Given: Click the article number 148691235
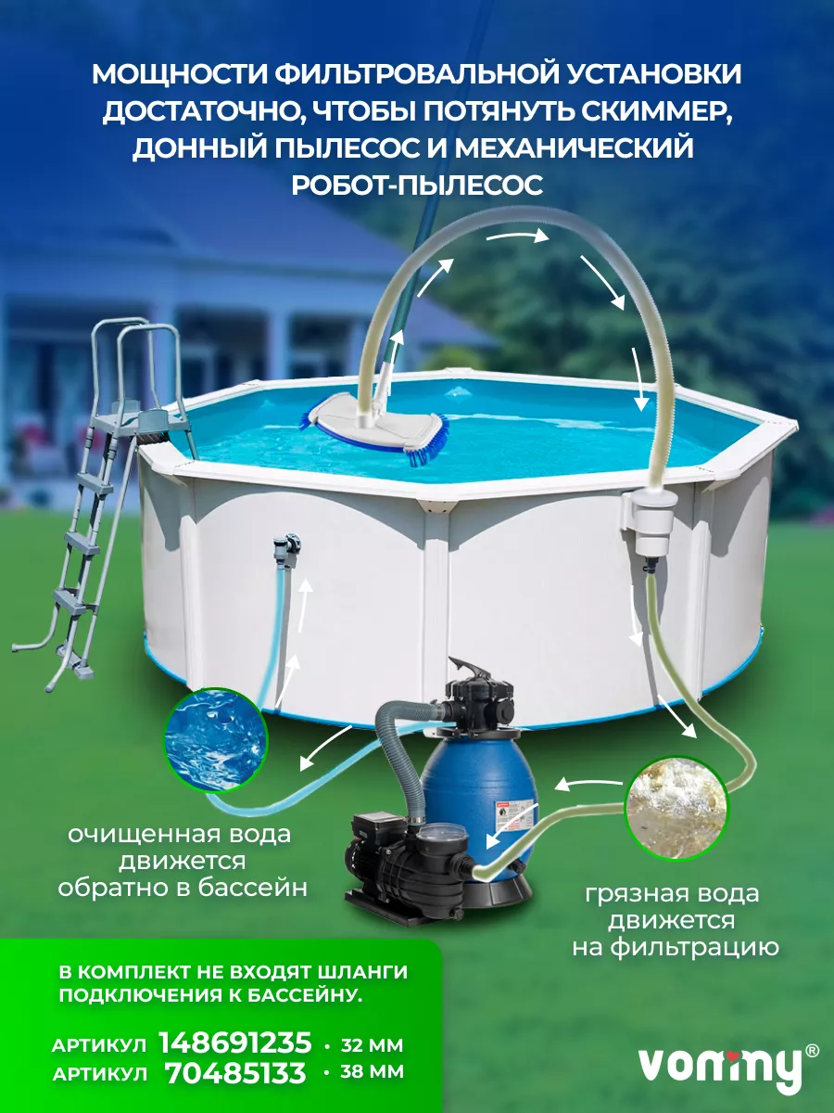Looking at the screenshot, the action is point(235,1043).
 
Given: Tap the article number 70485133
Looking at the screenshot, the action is point(235,1072).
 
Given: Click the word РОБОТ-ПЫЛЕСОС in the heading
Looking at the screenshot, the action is point(417,185).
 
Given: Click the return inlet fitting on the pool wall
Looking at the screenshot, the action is point(287,551).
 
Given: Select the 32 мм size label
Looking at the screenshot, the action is point(373,1045).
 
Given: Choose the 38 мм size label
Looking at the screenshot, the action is point(373,1074).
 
